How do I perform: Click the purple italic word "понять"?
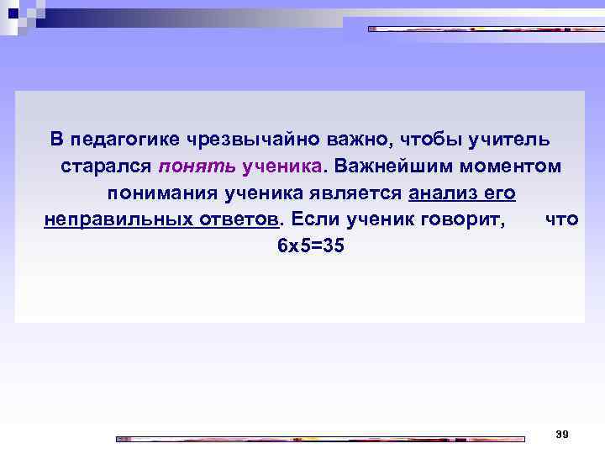pos(196,166)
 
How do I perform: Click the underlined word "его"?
pos(500,193)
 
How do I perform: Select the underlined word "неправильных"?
pos(109,220)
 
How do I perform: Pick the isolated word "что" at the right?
pos(562,220)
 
